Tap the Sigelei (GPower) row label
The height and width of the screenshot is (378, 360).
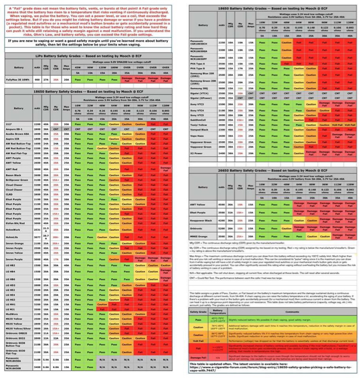pyautogui.click(x=201, y=98)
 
